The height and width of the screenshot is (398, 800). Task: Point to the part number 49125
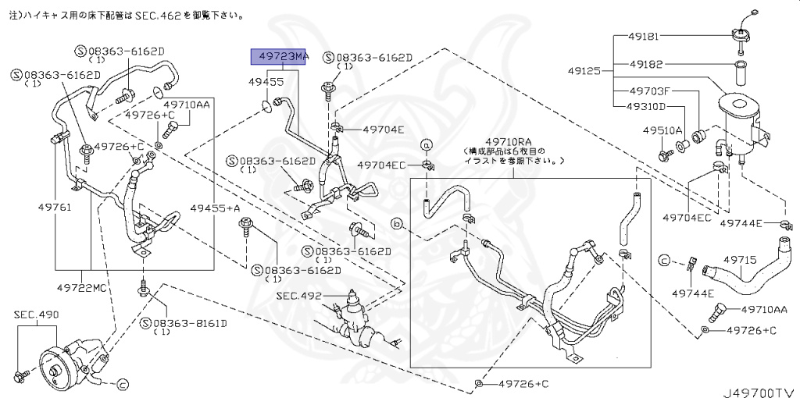585,71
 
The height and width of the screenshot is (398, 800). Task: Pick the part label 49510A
662,130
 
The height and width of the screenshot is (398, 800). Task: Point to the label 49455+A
215,208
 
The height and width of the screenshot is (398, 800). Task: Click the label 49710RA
512,141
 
